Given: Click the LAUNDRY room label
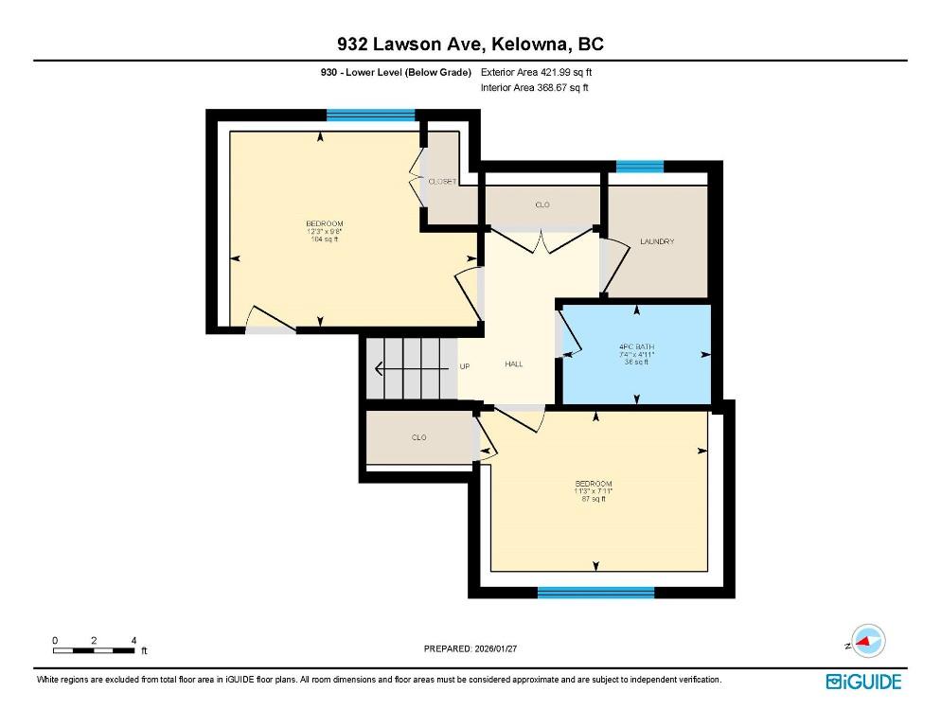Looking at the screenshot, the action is click(x=657, y=241).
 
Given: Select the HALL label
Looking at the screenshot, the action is click(x=514, y=363).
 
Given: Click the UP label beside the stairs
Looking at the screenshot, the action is click(x=465, y=366).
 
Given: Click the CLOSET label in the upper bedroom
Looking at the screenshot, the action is click(x=442, y=182).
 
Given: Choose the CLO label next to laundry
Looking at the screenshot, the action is click(x=542, y=204).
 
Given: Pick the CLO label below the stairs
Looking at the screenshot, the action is click(x=418, y=437).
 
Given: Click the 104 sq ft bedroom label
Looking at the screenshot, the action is click(x=325, y=231).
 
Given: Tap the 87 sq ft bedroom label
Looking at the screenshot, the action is click(x=593, y=491).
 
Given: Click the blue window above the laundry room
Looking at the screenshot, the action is click(x=640, y=167).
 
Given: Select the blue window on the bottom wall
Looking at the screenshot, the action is click(x=595, y=593).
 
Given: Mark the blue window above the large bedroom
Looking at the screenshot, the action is click(x=371, y=115).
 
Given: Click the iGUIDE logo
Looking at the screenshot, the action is click(x=863, y=682).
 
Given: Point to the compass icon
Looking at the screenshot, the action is click(x=867, y=641).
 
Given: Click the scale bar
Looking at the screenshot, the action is click(x=94, y=650).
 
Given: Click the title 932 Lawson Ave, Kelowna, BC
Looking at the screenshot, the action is click(x=470, y=44).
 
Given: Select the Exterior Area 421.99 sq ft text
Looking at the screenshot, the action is click(x=537, y=72).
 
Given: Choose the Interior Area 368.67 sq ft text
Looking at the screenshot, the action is click(x=535, y=88).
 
